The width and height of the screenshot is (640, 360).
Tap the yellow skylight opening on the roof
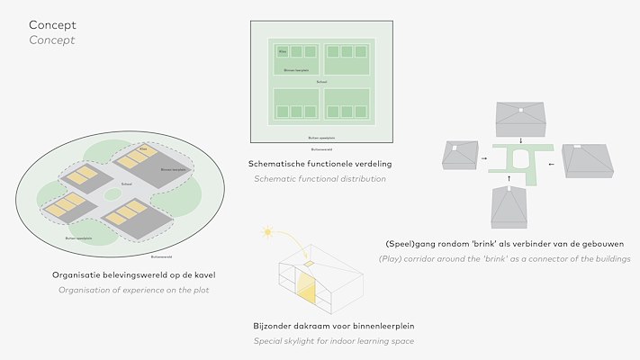click(309, 264)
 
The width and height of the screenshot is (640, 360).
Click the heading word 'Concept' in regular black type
click(52, 25)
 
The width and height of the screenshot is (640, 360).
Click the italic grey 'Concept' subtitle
click(52, 40)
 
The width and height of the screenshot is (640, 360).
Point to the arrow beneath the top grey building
click(521, 139)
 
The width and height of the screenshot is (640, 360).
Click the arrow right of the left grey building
click(485, 159)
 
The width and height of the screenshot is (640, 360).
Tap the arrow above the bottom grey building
click(509, 179)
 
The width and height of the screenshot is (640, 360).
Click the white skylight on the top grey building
click(521, 111)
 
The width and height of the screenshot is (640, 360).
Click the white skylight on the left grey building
click(456, 148)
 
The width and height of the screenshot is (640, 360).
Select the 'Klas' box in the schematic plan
click(282, 51)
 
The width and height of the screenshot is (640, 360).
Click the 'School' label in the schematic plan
click(321, 82)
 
